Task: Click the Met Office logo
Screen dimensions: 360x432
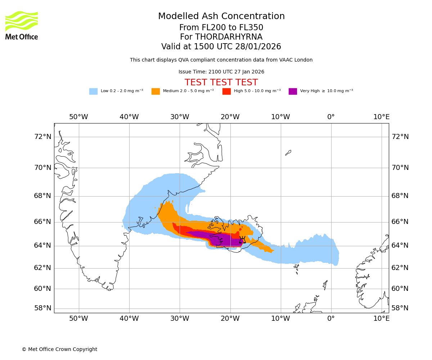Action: pos(22,25)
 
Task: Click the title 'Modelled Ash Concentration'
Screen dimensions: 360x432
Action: pos(221,16)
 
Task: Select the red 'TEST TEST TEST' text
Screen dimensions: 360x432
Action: pos(221,82)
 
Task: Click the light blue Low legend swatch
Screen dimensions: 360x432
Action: pos(93,91)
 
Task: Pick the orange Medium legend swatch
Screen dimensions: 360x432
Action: pos(156,91)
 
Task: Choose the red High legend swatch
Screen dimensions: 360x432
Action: pos(226,91)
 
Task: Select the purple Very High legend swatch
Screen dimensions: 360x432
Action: pos(293,91)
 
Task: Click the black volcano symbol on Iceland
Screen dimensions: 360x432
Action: pos(242,240)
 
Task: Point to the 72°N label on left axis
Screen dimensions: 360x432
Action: pos(43,137)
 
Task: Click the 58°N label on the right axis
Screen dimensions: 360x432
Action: pos(400,308)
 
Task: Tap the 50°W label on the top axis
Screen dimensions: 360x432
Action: pos(78,117)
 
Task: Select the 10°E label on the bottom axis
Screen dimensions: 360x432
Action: pos(381,319)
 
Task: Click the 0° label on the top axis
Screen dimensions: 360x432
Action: pos(331,117)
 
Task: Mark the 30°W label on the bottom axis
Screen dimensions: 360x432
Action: pos(180,319)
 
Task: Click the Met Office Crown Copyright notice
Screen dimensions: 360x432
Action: pos(59,349)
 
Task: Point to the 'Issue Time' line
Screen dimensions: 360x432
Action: pos(221,72)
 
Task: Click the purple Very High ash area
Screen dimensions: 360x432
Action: pos(225,239)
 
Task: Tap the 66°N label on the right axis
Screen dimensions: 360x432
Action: pos(400,222)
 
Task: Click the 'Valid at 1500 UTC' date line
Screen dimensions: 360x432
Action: pos(221,46)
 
